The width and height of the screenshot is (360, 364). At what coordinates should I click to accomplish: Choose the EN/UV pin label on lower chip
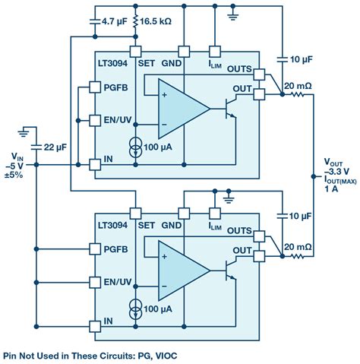tap(118, 282)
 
